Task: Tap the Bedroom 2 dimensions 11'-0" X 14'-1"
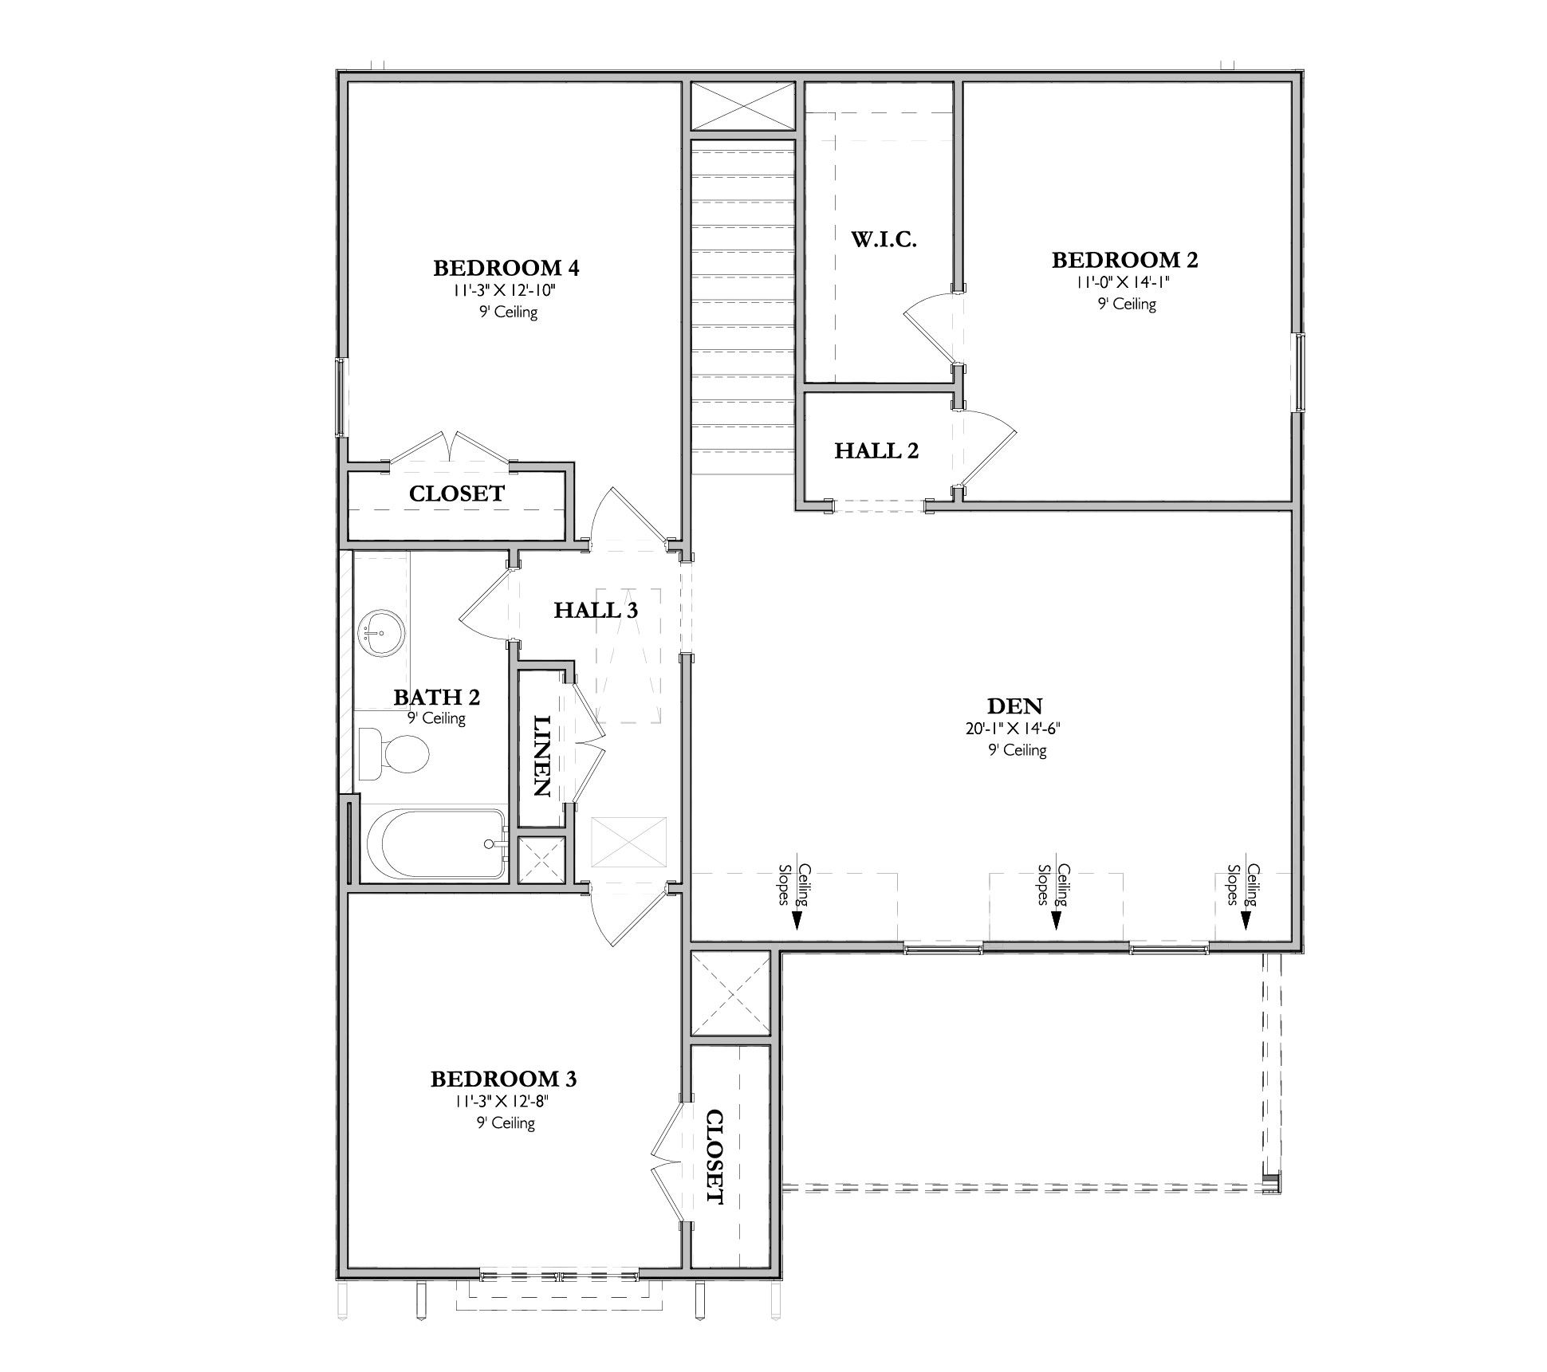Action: pos(1125,282)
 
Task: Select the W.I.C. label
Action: pos(884,239)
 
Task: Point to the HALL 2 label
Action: pos(876,451)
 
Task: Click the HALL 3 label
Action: pos(596,611)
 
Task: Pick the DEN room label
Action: pos(1014,706)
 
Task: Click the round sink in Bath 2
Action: pos(381,634)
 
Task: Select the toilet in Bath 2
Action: pos(393,753)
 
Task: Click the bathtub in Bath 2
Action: pos(435,844)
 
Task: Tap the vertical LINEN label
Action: pos(541,756)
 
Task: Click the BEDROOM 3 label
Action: pos(503,1079)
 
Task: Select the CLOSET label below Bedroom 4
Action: pos(456,494)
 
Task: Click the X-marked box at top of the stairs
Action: pos(742,106)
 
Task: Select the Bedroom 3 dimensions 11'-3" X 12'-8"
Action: pos(503,1102)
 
